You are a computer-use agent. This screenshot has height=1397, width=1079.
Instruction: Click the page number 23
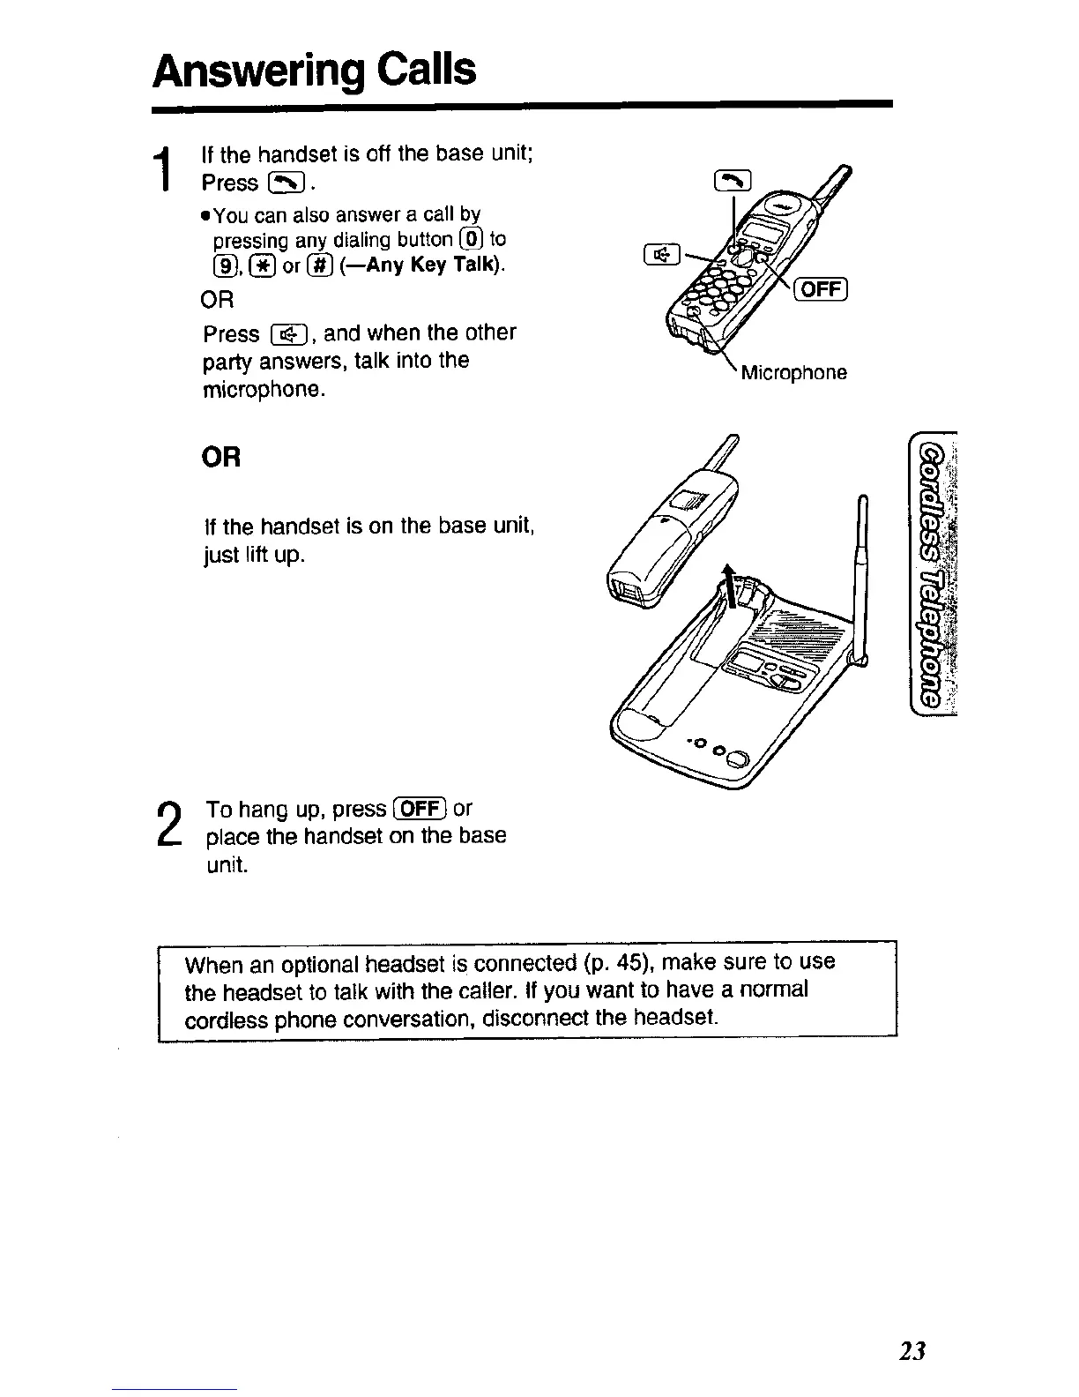(x=913, y=1351)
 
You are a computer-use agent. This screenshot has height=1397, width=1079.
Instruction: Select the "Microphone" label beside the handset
(x=793, y=372)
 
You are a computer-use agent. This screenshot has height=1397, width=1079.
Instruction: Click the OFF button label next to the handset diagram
(x=821, y=289)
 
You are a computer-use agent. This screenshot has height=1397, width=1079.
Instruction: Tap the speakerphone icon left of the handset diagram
(x=661, y=255)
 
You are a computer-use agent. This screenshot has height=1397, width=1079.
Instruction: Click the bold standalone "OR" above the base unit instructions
(x=220, y=459)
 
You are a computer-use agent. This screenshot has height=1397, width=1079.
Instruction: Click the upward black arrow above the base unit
(x=729, y=586)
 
